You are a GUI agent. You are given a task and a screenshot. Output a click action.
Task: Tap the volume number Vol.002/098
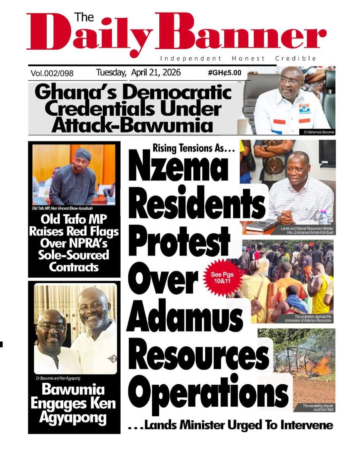52,73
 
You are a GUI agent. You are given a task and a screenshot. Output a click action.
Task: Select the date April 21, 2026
156,72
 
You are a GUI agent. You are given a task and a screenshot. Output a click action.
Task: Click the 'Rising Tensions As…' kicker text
193,148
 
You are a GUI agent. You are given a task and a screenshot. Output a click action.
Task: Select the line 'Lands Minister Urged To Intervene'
238,425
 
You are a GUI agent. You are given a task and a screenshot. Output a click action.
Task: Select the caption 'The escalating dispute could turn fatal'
318,408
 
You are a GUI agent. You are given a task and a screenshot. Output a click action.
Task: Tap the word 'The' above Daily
84,17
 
